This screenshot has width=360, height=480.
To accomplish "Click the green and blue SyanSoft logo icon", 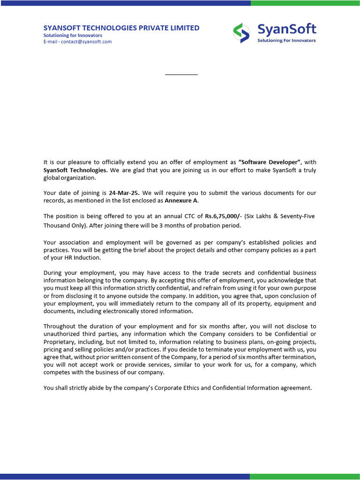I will [242, 33].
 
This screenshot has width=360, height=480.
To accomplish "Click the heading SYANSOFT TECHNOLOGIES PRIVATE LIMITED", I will [121, 28].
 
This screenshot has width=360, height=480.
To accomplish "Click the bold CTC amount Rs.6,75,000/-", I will [223, 216].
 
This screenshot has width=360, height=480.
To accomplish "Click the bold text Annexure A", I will [181, 201].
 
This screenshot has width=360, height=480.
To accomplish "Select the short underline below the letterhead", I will [181, 75].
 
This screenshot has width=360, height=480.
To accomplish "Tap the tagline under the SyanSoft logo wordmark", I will [286, 40].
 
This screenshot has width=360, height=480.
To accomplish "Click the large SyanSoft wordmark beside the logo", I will [286, 30].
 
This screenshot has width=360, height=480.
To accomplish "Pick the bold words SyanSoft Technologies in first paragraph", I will [75, 170].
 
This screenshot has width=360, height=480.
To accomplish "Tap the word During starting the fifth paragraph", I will [54, 273].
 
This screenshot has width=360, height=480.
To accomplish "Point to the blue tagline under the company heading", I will [73, 35].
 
